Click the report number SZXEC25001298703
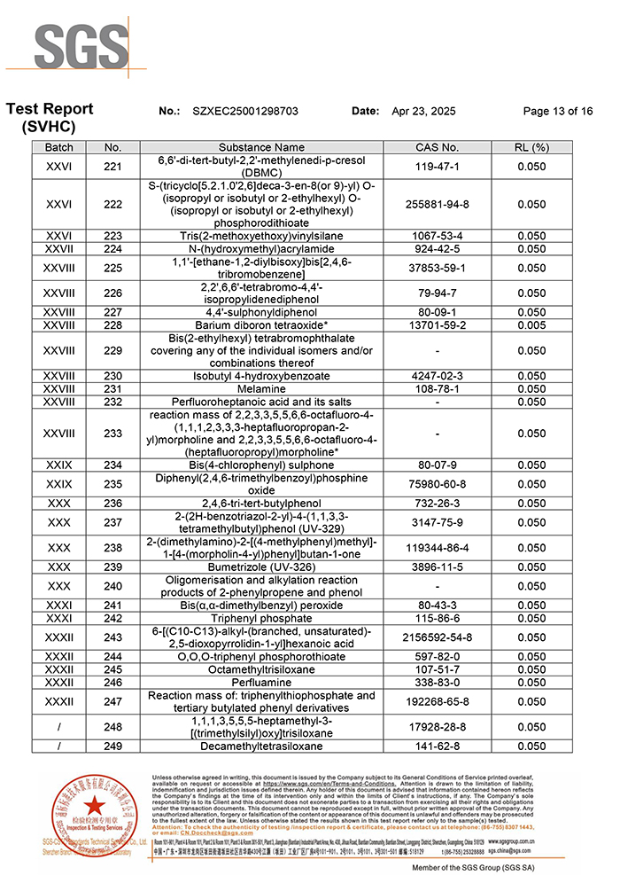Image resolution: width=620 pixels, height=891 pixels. tap(245, 112)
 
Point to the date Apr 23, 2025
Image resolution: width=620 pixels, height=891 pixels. tap(423, 112)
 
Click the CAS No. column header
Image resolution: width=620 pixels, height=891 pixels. tap(437, 147)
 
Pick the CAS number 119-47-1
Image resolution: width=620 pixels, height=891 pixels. tap(437, 166)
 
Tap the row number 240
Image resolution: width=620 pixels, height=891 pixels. tap(112, 586)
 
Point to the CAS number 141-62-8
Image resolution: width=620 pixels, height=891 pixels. tap(437, 746)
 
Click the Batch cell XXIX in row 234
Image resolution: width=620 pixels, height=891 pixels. tap(59, 465)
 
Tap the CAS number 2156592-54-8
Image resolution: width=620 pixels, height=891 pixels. tap(437, 637)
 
